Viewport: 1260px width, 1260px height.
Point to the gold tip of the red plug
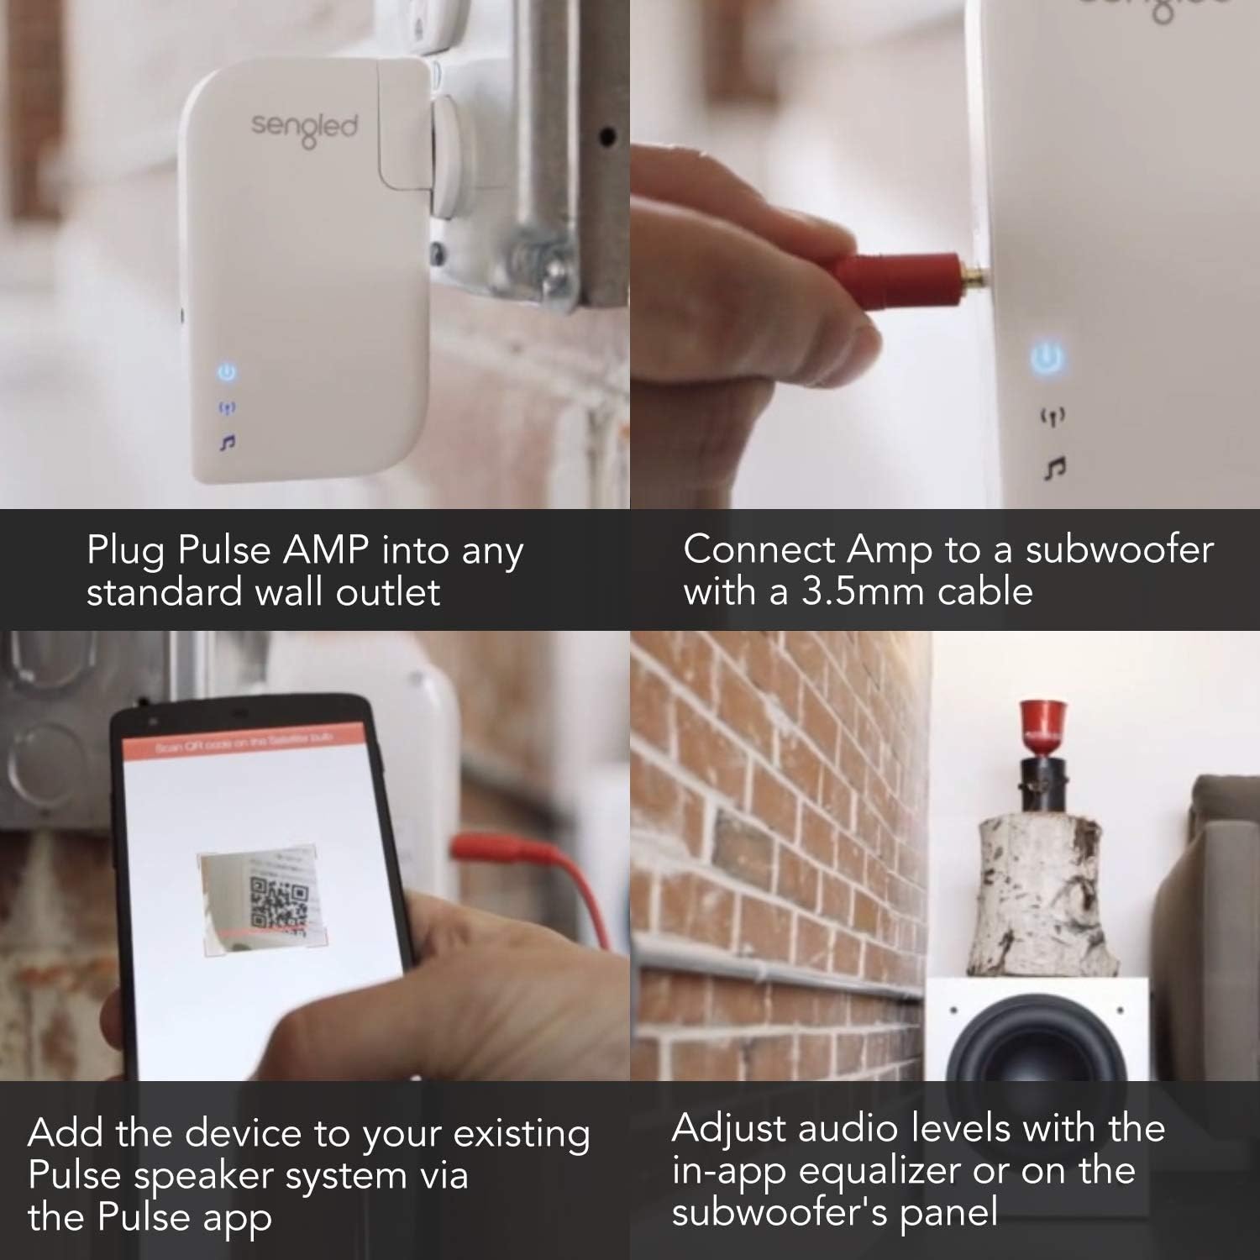975,272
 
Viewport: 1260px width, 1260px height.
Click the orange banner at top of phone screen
244,743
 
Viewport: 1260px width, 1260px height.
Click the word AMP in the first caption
326,550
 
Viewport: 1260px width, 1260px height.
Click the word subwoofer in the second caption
1119,550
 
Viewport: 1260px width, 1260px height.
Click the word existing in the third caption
521,1134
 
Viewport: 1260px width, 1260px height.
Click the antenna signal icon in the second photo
1052,415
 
